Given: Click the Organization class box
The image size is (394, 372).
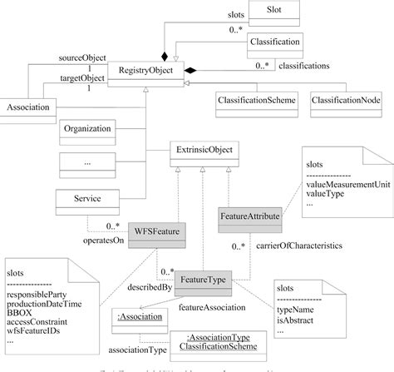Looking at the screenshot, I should (88, 130).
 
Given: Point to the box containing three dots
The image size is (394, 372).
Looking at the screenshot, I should (88, 164).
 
